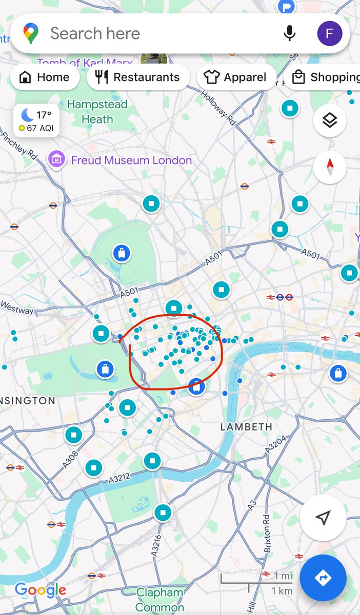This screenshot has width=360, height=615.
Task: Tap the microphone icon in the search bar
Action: point(290,34)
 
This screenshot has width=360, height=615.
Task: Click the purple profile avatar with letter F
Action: point(329,34)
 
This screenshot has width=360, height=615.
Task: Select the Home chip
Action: point(45,77)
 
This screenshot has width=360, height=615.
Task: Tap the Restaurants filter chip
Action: point(138,77)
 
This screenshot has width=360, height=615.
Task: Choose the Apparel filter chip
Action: point(236,77)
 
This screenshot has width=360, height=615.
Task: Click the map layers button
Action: point(329,121)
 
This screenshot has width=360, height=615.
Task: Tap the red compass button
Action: point(329,167)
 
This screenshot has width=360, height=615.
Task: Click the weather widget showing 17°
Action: point(36,121)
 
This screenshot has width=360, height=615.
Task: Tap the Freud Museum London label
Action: point(131,160)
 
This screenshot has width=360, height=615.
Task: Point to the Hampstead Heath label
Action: point(97,112)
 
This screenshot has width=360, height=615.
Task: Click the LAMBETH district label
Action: point(246,427)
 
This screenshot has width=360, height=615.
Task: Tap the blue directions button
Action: point(323,578)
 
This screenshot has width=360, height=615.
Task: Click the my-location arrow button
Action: point(323,518)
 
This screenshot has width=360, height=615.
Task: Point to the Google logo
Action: point(41,590)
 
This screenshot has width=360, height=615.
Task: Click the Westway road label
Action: point(17,307)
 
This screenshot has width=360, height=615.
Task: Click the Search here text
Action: point(95,34)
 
